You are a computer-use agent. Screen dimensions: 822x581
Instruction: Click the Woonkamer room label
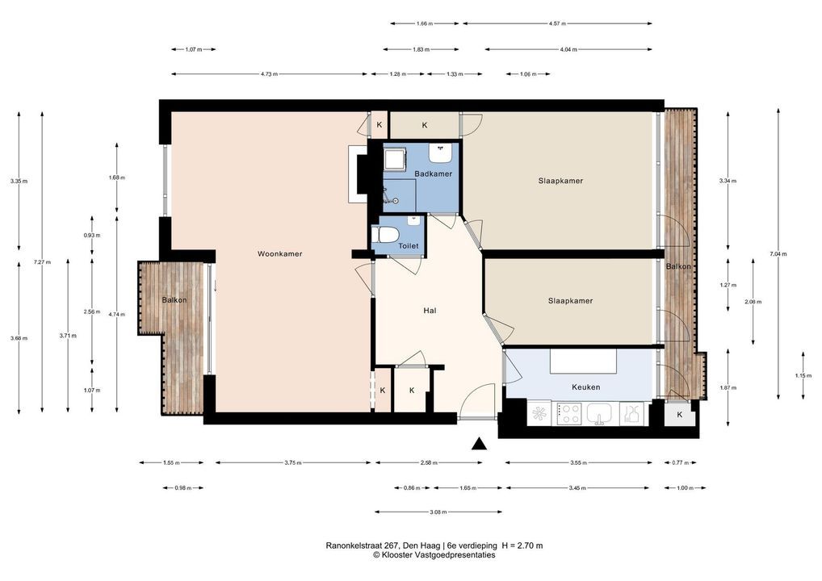pos(280,254)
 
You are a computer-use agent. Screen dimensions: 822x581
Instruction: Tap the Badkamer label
pos(433,174)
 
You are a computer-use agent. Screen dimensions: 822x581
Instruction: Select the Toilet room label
pos(409,245)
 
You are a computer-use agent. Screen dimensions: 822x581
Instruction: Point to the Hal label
pos(430,311)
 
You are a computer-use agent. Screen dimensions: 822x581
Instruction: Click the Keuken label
pos(585,387)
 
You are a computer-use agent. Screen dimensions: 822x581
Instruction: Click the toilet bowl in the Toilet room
pos(385,235)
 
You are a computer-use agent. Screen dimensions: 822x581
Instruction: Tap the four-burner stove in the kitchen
pos(569,413)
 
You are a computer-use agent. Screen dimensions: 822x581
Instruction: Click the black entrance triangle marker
pos(479,444)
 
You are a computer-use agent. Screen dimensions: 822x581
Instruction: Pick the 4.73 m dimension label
pos(270,74)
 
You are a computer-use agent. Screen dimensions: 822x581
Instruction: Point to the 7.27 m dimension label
pos(42,262)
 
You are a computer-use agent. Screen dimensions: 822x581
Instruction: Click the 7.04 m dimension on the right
pos(778,254)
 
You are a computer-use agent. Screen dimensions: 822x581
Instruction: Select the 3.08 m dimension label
pos(438,512)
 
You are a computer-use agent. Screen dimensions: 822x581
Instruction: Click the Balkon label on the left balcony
pos(174,300)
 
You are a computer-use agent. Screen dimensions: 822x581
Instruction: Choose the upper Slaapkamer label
pos(560,181)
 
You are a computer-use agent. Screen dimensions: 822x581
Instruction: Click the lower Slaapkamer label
pos(570,301)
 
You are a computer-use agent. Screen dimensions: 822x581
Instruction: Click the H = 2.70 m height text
pos(522,545)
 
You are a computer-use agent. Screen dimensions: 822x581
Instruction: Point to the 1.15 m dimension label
pos(803,376)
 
